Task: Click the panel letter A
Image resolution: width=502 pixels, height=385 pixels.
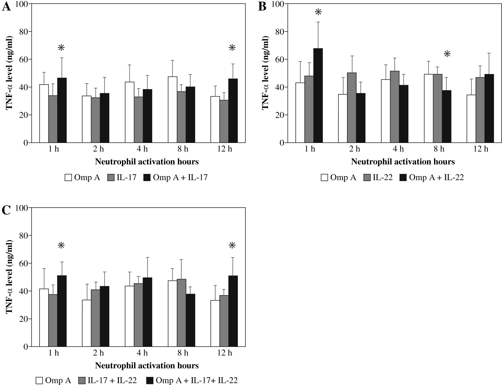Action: pyautogui.click(x=6, y=7)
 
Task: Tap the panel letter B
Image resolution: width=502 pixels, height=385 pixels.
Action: pyautogui.click(x=262, y=7)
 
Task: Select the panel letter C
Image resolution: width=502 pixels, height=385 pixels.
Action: pyautogui.click(x=6, y=210)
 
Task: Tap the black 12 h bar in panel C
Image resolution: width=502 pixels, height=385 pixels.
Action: pyautogui.click(x=233, y=311)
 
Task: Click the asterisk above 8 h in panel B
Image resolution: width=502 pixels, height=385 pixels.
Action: pyautogui.click(x=447, y=54)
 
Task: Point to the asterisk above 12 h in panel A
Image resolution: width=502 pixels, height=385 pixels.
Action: pyautogui.click(x=232, y=48)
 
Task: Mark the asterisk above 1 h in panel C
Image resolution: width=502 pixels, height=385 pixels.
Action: pyautogui.click(x=61, y=246)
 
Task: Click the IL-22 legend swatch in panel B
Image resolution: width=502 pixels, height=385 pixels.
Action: pyautogui.click(x=367, y=178)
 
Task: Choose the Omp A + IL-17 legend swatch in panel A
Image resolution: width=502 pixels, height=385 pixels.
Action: pyautogui.click(x=147, y=178)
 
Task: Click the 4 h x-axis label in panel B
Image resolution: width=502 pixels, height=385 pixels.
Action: pyautogui.click(x=398, y=149)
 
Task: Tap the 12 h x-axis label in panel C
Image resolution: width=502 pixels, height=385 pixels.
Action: pyautogui.click(x=225, y=353)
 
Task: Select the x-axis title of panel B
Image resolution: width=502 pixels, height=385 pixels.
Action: pyautogui.click(x=403, y=162)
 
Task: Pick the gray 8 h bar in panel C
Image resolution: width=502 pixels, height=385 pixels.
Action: pyautogui.click(x=181, y=313)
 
